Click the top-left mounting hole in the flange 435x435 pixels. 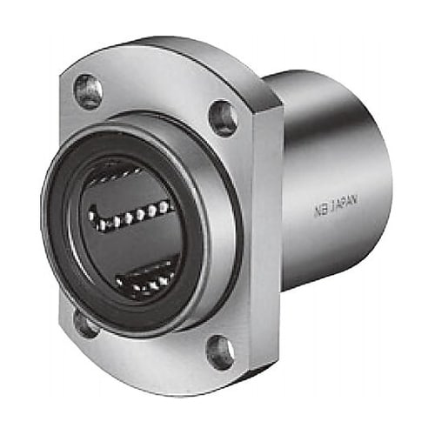click(x=89, y=92)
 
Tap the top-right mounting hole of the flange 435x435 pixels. click(x=223, y=118)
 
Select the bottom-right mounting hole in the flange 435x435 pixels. click(x=220, y=351)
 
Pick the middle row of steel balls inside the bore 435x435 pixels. click(x=130, y=216)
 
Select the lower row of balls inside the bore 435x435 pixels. click(x=145, y=277)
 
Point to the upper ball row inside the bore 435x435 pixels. click(x=116, y=177)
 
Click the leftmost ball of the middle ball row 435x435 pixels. click(x=93, y=217)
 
